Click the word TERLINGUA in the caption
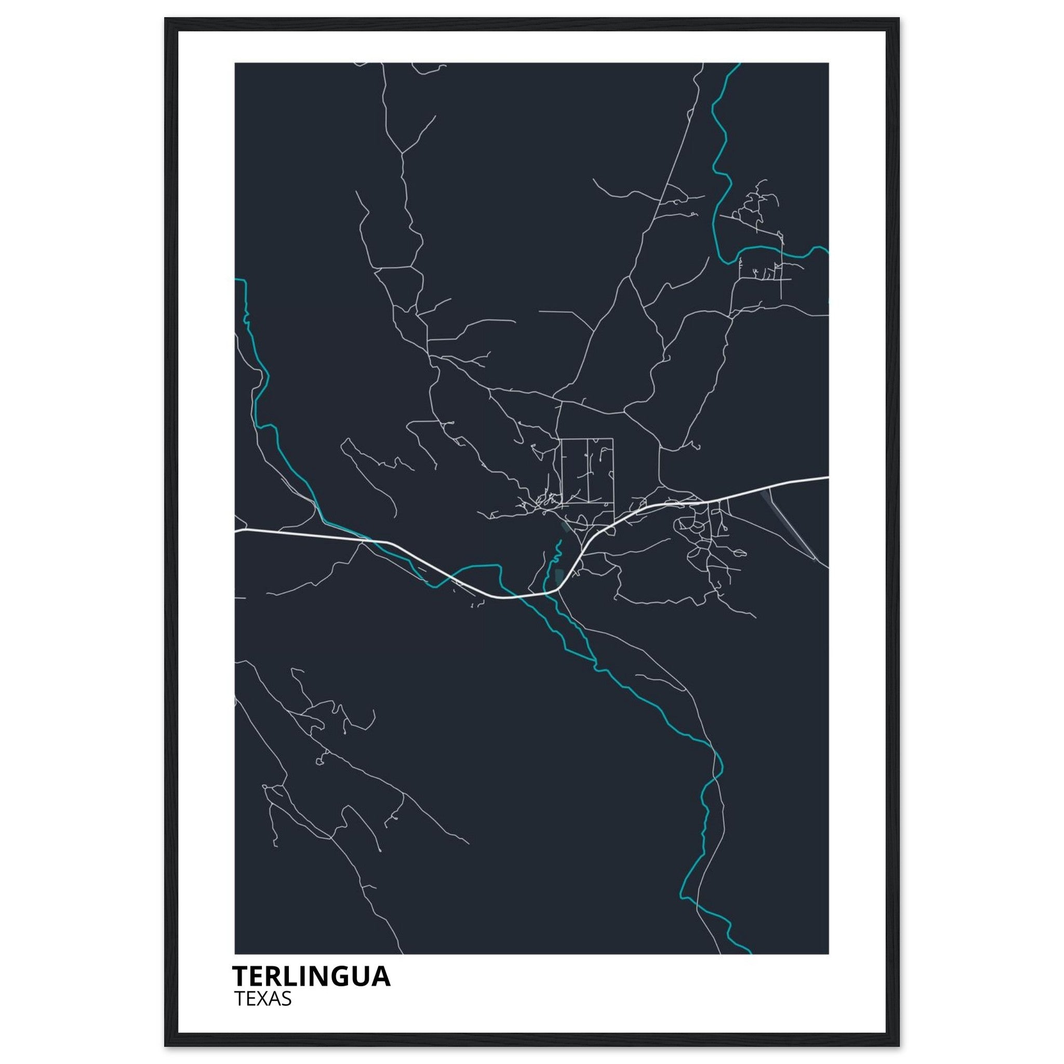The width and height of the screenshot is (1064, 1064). pyautogui.click(x=311, y=976)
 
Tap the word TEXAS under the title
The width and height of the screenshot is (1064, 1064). pyautogui.click(x=263, y=999)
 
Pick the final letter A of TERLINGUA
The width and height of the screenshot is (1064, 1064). pyautogui.click(x=381, y=976)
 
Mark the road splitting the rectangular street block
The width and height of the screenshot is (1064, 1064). pyautogui.click(x=588, y=470)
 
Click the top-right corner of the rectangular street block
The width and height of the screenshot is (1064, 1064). pyautogui.click(x=613, y=438)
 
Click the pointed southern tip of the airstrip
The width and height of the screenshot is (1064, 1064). pyautogui.click(x=816, y=560)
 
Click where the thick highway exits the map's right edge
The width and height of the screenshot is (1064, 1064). pyautogui.click(x=828, y=477)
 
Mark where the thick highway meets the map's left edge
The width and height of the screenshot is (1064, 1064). pyautogui.click(x=236, y=531)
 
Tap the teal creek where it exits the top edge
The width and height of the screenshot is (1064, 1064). pyautogui.click(x=739, y=64)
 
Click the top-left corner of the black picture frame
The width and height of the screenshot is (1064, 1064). pyautogui.click(x=165, y=18)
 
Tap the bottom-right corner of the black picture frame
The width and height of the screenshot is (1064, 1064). pyautogui.click(x=899, y=1046)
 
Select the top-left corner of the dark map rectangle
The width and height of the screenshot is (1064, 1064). pyautogui.click(x=235, y=63)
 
